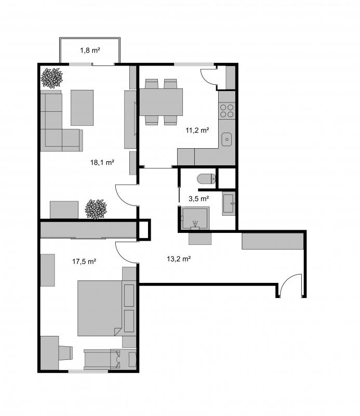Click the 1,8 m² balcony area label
click(x=90, y=50)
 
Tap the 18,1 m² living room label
click(x=102, y=162)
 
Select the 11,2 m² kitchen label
click(x=197, y=131)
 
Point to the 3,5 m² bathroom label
click(x=199, y=199)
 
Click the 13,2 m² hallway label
click(x=179, y=258)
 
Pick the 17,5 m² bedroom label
click(x=84, y=262)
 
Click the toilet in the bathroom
click(x=207, y=179)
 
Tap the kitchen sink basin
click(x=226, y=139)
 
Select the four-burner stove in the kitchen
click(x=227, y=111)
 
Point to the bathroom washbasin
click(x=229, y=203)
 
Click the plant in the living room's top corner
click(x=52, y=78)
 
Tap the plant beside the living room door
click(x=96, y=209)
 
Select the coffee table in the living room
click(x=82, y=108)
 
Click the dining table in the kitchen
click(x=161, y=102)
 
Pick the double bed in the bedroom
click(x=100, y=308)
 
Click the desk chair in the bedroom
click(x=65, y=353)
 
